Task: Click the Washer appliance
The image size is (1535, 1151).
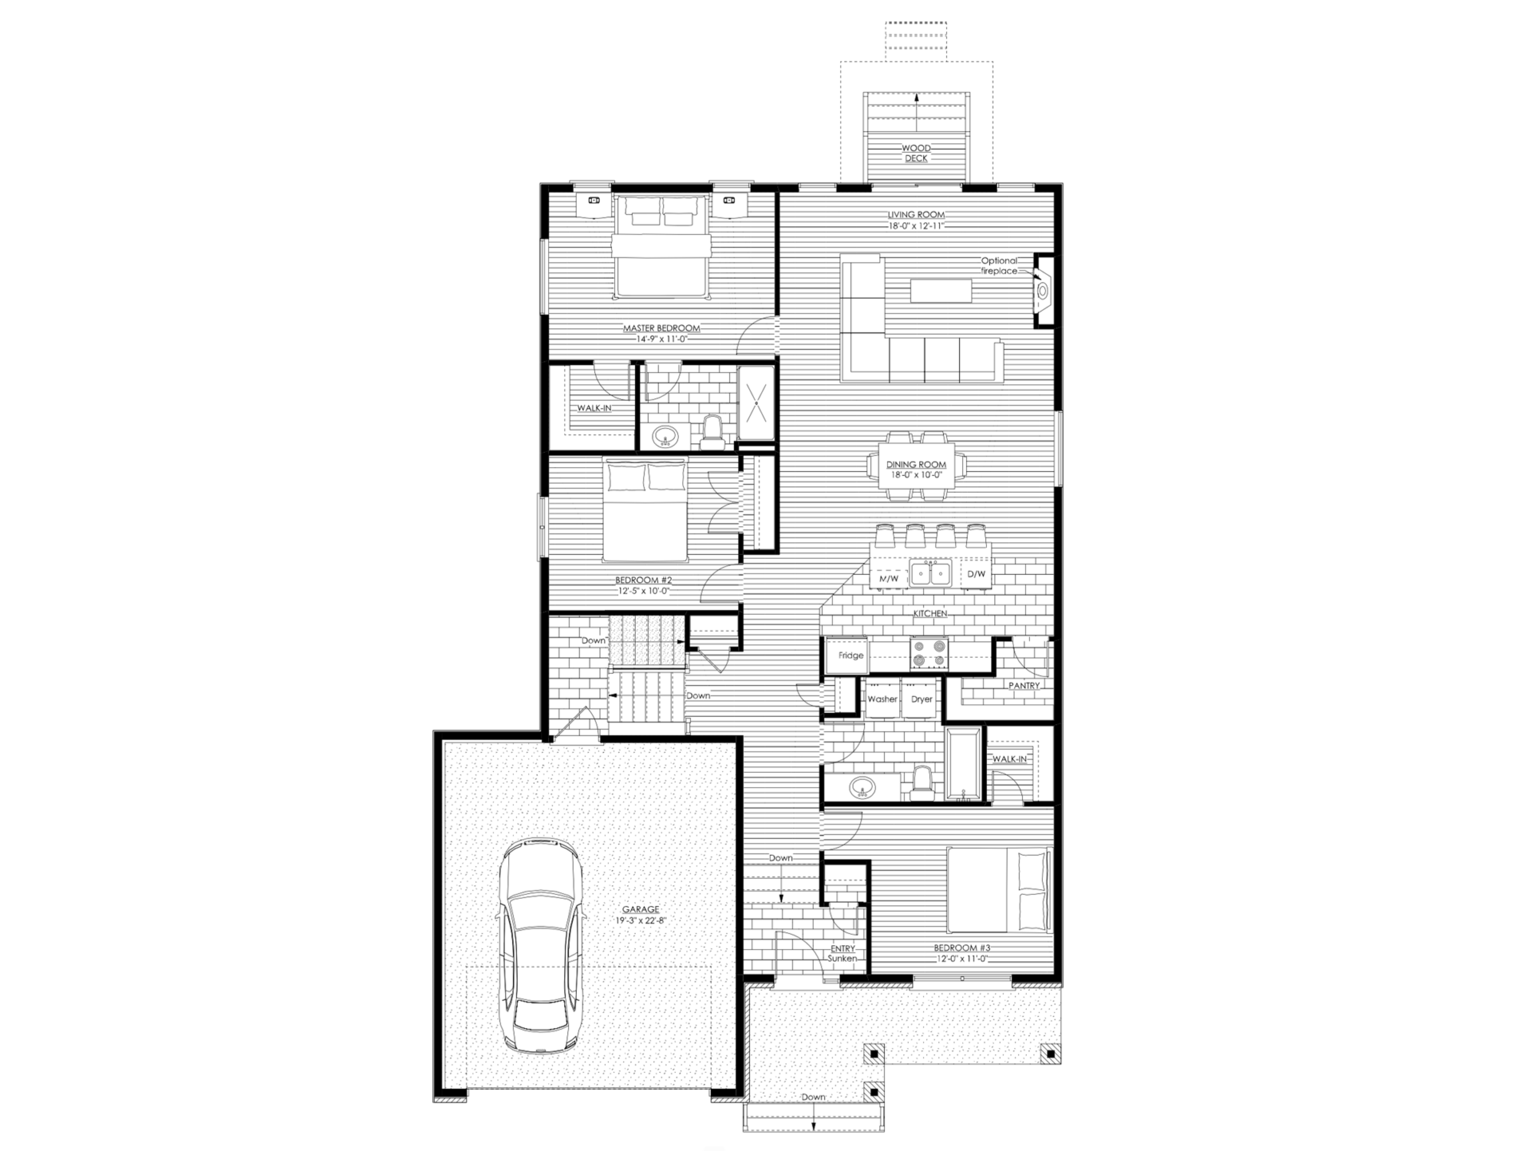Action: (x=882, y=699)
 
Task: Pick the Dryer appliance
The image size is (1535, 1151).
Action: (x=921, y=699)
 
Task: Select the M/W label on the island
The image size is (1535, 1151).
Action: (x=889, y=578)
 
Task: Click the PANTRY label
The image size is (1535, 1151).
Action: (x=1024, y=686)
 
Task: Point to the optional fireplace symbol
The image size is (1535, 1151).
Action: (x=1043, y=290)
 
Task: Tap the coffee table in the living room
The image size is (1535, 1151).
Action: (x=941, y=290)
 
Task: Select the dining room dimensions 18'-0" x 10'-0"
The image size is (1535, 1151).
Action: (x=916, y=475)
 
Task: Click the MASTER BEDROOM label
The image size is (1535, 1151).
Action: (x=661, y=328)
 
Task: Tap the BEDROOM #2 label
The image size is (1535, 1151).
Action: (x=643, y=580)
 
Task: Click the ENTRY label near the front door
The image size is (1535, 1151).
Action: (x=843, y=948)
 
